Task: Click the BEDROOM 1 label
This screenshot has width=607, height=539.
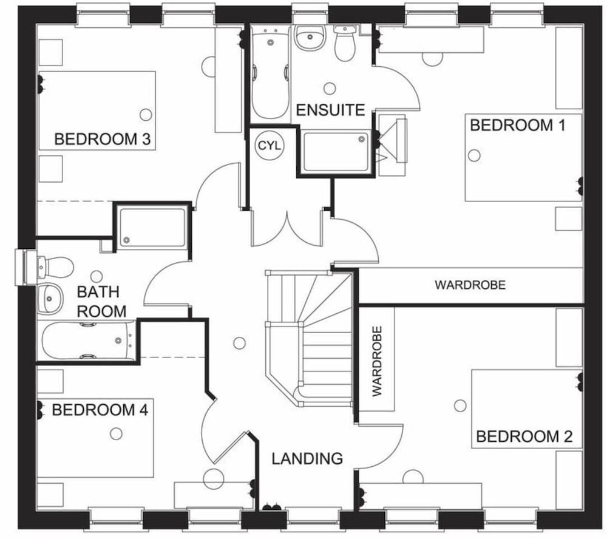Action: click(x=517, y=126)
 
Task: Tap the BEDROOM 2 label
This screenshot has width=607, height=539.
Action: click(x=524, y=436)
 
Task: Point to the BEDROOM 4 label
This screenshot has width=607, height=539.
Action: click(x=100, y=410)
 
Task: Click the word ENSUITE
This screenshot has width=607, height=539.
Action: click(x=330, y=110)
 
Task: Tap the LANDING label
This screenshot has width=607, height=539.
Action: click(x=307, y=458)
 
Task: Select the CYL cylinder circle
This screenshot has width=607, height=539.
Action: click(x=269, y=146)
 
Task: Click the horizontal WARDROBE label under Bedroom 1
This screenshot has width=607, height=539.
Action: click(x=470, y=285)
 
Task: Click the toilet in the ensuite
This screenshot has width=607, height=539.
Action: click(x=346, y=44)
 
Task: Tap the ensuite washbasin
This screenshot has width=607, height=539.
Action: click(x=310, y=40)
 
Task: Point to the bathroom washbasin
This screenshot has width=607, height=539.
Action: click(x=52, y=298)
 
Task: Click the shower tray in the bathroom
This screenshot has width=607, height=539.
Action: click(x=152, y=227)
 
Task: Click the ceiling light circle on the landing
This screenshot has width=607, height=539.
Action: click(x=239, y=343)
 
